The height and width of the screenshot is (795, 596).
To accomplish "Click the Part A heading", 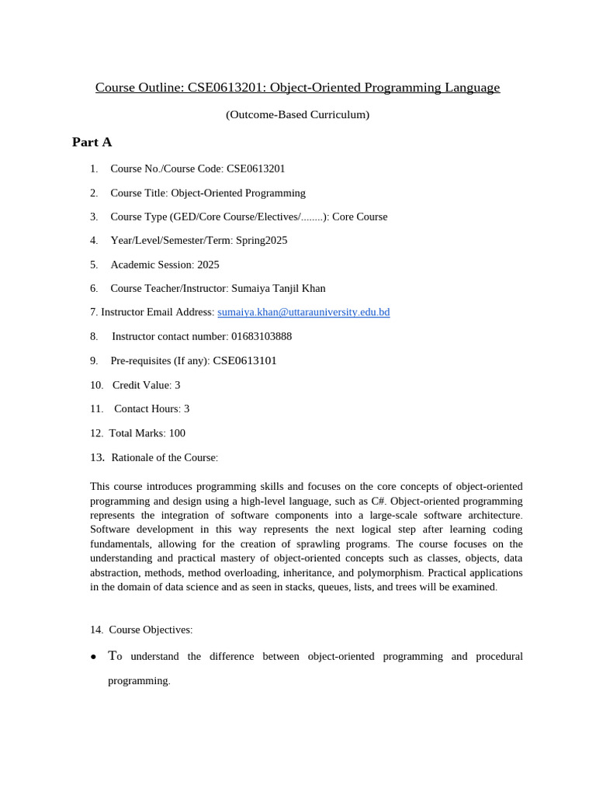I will pos(92,142).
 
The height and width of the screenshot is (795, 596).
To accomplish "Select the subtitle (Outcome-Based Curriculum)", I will pos(297,115).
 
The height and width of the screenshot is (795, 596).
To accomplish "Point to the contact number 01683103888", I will pos(262,336).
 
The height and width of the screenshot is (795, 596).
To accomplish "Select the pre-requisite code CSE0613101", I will pos(244,361).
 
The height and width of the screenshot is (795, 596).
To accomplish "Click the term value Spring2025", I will pos(262,241).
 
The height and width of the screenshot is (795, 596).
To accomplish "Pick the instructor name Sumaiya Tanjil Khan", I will pos(279,288).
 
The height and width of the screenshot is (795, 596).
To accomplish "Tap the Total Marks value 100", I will pos(177,433).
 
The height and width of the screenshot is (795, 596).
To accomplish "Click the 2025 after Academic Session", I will pos(208,265).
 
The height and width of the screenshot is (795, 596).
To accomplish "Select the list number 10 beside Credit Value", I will pos(96,385).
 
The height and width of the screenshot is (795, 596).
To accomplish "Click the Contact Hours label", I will pos(147,409).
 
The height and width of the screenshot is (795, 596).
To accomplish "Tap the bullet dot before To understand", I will pos(93,657).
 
